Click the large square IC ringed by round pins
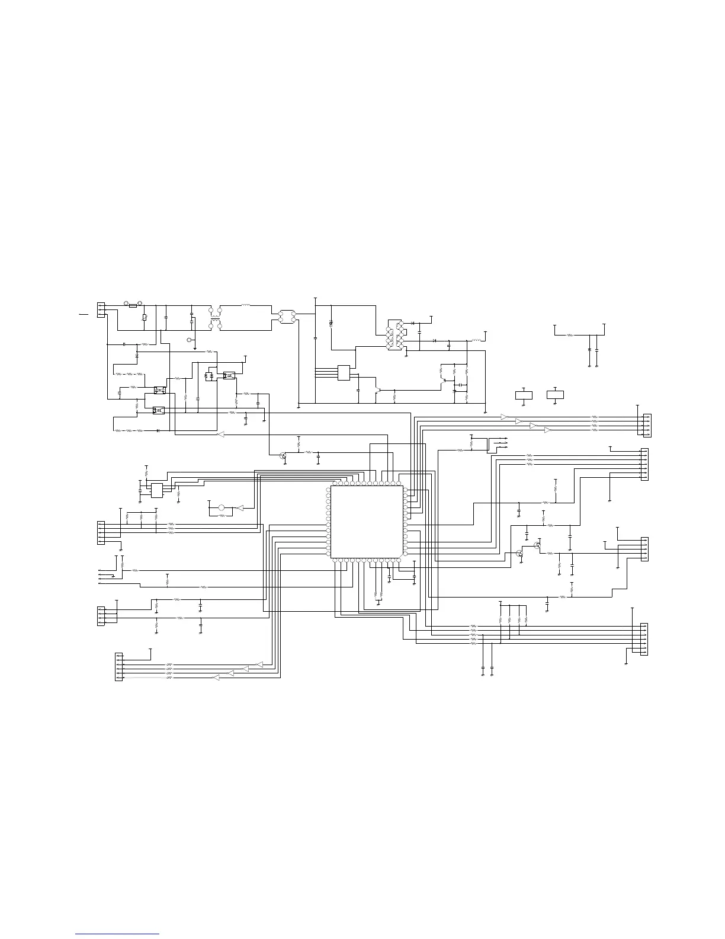367,522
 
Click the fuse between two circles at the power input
133,306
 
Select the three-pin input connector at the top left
101,309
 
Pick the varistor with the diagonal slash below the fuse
145,318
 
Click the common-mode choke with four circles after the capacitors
215,318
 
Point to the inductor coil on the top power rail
246,306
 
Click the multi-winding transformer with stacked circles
394,335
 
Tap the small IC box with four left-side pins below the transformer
344,372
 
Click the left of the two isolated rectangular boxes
524,395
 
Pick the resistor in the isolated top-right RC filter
570,335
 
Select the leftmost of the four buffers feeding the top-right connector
504,417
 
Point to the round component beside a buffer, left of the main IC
222,508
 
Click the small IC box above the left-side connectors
157,490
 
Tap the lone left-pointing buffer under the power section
220,435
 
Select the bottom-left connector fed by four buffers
118,666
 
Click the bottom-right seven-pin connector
644,639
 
